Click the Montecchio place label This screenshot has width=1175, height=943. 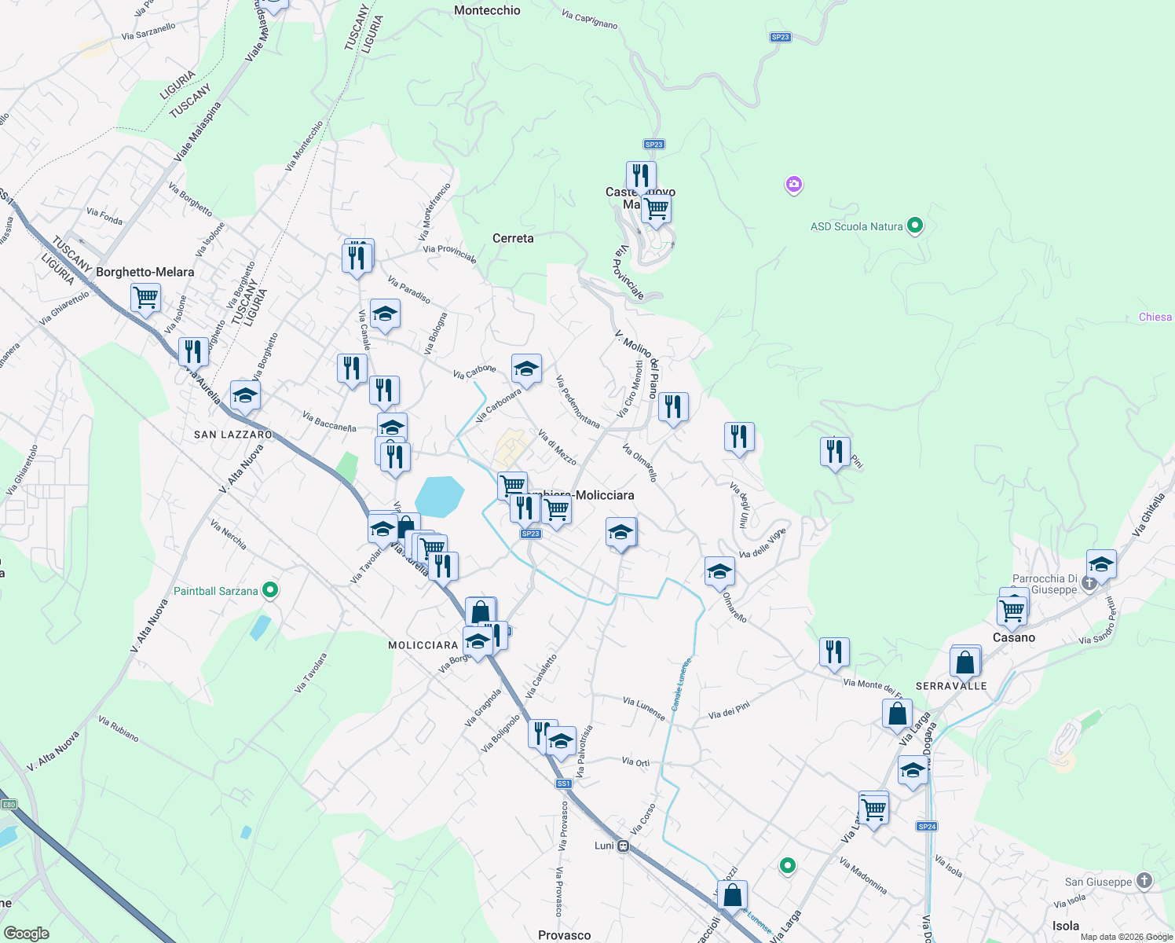point(487,10)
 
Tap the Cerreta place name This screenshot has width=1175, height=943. point(513,238)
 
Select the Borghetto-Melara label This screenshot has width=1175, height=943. point(145,272)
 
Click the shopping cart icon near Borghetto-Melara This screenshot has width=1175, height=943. point(145,299)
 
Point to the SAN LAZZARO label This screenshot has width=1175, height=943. point(233,435)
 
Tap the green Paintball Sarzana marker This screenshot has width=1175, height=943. point(270,589)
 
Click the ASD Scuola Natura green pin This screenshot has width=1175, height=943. point(914,226)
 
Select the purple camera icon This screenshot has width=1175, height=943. point(793,185)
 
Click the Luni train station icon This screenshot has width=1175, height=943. point(623,846)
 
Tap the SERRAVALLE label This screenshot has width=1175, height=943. point(951,686)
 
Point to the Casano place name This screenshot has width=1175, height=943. point(1014,637)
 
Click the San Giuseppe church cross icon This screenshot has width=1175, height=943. point(1144,881)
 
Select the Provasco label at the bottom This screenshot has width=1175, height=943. point(564,935)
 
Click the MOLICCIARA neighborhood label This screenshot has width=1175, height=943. point(423,645)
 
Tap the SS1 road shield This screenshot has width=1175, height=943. point(563,783)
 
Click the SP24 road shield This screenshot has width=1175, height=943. point(927,826)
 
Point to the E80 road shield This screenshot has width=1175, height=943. point(9,804)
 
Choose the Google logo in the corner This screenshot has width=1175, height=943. point(26,933)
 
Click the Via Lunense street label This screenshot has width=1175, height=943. point(644,708)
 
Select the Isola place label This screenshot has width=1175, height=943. point(1065,926)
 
